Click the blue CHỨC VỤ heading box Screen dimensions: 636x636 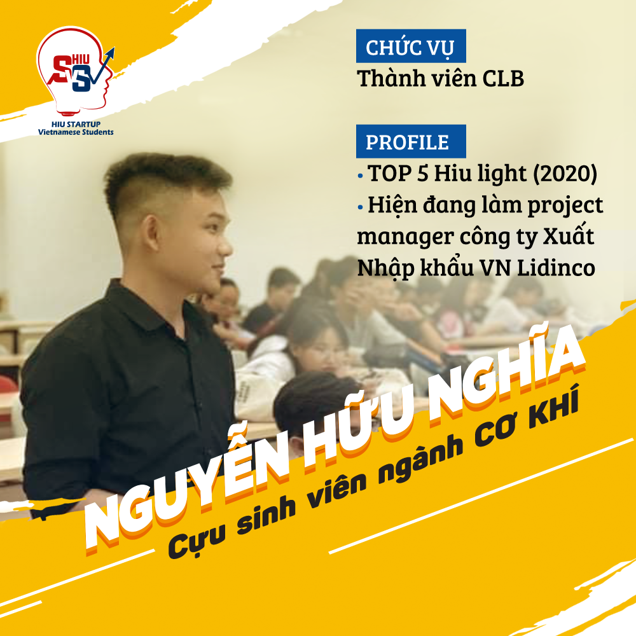411,46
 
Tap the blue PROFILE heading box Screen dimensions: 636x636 411,141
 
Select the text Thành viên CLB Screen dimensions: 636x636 441,78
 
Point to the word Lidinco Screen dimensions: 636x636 556,268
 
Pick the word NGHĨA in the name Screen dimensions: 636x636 503,375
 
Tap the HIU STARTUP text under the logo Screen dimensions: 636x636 76,124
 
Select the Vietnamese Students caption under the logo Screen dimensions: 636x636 76,132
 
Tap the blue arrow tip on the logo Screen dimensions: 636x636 113,50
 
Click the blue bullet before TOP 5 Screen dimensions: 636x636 360,176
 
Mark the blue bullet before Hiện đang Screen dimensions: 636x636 360,207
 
